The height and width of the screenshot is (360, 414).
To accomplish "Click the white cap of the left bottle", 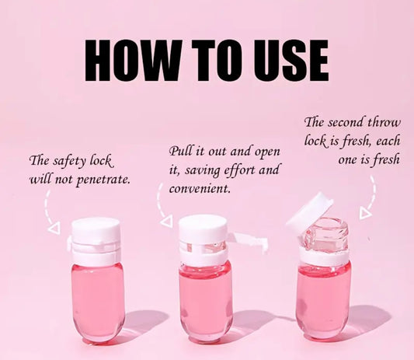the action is coord(96,228).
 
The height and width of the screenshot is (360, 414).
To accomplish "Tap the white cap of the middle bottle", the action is coord(203,226).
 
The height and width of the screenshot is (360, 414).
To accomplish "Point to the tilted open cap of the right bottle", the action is coord(308,214).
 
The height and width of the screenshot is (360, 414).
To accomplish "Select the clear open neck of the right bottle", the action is coord(325,235).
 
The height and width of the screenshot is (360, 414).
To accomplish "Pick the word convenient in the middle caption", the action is coord(199,189).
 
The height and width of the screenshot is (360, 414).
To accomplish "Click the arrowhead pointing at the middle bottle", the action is coord(167,221).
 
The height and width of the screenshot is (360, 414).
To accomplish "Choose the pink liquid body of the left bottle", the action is coord(98,302).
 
